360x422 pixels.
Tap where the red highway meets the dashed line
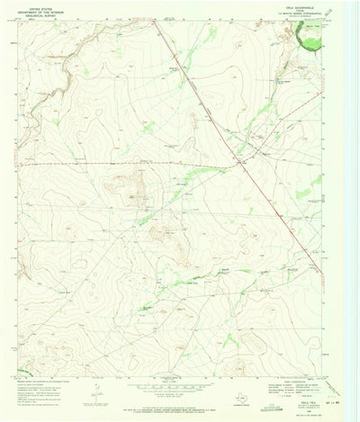[247, 164]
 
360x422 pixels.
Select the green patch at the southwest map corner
[22, 370]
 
